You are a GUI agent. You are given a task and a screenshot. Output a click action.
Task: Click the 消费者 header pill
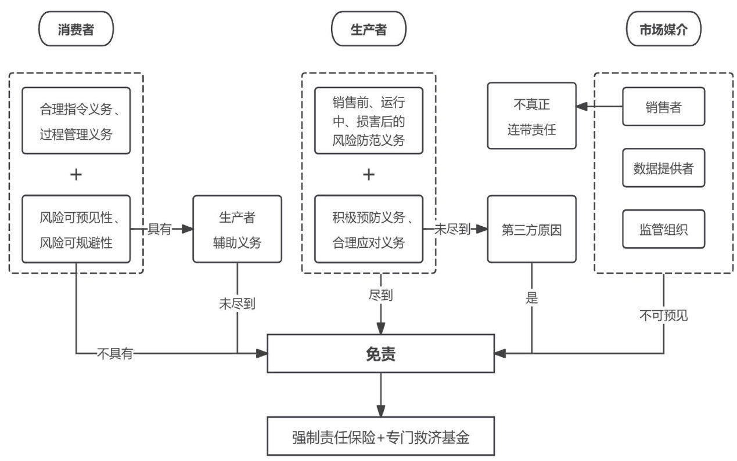click(76, 30)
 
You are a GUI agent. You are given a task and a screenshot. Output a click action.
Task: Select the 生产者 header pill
click(368, 30)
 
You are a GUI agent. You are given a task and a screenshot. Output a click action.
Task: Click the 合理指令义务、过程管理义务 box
click(76, 120)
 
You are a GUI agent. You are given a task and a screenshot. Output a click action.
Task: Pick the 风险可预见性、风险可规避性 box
click(76, 229)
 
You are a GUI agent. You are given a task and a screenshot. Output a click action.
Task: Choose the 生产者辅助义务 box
click(237, 229)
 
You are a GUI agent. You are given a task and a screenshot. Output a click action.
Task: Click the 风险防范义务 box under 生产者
click(368, 120)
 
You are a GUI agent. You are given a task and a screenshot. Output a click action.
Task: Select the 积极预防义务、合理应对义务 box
click(368, 229)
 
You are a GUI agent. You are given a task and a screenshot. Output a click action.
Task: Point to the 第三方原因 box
click(531, 229)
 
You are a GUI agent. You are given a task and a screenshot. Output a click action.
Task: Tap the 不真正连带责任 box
click(531, 117)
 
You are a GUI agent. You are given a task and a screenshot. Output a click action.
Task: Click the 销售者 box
click(663, 107)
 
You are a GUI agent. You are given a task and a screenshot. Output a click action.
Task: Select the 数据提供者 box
click(663, 168)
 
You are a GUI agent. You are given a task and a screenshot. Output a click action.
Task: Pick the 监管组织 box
click(663, 228)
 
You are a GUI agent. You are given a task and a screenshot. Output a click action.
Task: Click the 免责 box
click(380, 353)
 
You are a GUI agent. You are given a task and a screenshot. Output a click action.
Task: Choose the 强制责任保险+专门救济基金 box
click(380, 436)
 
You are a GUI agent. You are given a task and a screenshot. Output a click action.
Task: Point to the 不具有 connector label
click(114, 353)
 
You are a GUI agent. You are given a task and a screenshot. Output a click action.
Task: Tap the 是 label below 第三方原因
click(531, 298)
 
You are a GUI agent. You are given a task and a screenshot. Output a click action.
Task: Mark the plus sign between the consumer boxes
click(76, 175)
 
